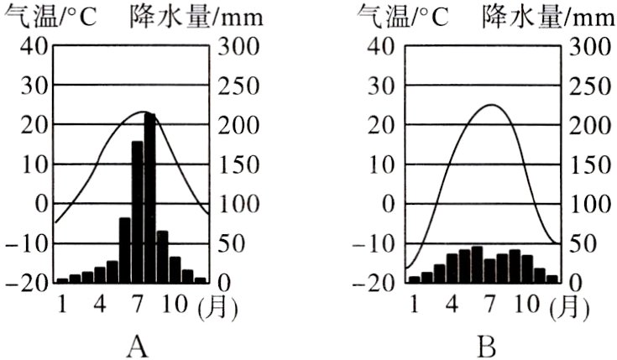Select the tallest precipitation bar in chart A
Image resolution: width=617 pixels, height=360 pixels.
click(149, 198)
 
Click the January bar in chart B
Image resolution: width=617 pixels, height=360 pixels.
click(414, 279)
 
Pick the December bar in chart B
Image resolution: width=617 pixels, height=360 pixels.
click(552, 278)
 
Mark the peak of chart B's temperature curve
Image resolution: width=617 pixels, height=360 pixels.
click(490, 105)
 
